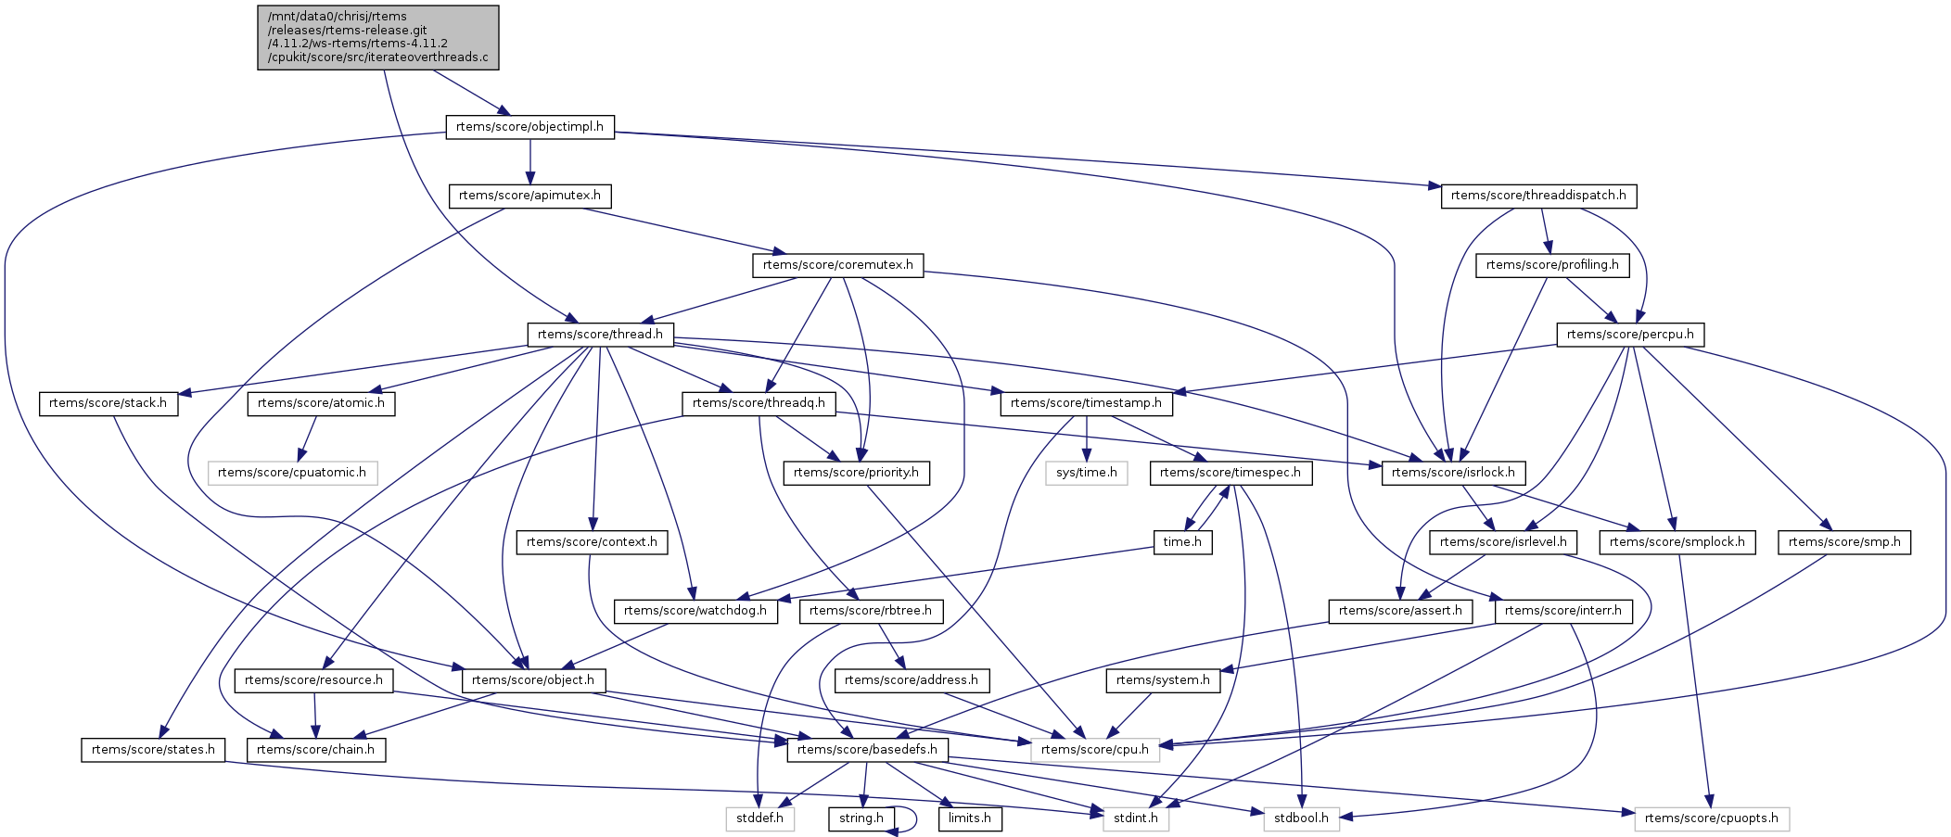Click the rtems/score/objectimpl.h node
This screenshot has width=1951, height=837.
529,127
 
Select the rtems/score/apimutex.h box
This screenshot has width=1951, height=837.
529,196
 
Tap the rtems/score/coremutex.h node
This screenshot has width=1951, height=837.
837,265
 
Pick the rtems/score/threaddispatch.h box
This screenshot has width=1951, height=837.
1538,196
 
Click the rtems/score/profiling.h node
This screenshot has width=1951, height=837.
1551,265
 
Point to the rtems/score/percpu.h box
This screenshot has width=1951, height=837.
1629,335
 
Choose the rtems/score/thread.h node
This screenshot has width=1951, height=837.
600,335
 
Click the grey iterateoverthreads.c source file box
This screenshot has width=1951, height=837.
377,37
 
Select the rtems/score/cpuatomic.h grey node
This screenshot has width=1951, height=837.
292,473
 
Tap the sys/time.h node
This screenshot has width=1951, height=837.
1087,473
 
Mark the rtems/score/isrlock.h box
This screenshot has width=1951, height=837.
1453,473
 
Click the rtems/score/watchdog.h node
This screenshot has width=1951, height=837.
695,611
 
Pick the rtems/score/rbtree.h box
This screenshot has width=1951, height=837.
871,611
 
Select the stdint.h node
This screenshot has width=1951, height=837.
1135,818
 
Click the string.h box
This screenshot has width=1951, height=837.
861,818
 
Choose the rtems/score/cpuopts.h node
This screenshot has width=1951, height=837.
1711,818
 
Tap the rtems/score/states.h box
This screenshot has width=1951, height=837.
153,749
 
